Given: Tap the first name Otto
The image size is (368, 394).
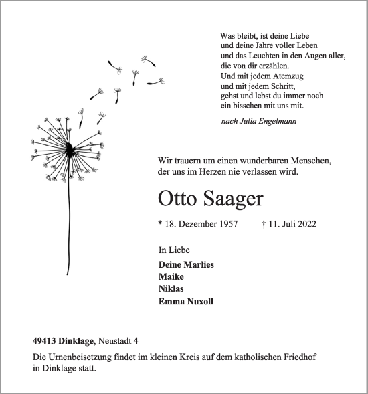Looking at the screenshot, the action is (177, 199).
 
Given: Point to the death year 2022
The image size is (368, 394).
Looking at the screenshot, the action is (306, 224).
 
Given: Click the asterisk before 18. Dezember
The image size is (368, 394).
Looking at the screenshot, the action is (161, 225).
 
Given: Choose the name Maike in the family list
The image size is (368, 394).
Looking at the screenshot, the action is (171, 276).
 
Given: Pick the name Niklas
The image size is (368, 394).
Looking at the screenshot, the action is (172, 289).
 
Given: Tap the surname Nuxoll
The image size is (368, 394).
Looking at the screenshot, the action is (199, 302).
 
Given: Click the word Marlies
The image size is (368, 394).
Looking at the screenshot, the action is (199, 264).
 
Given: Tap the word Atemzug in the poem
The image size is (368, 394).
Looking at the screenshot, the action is (284, 76).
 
